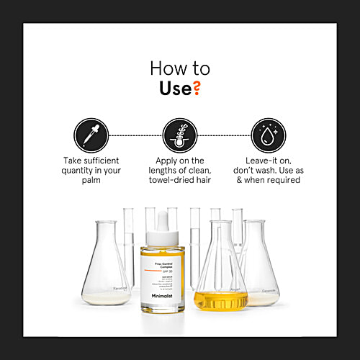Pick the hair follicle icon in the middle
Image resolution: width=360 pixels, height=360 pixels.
tap(179, 135)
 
